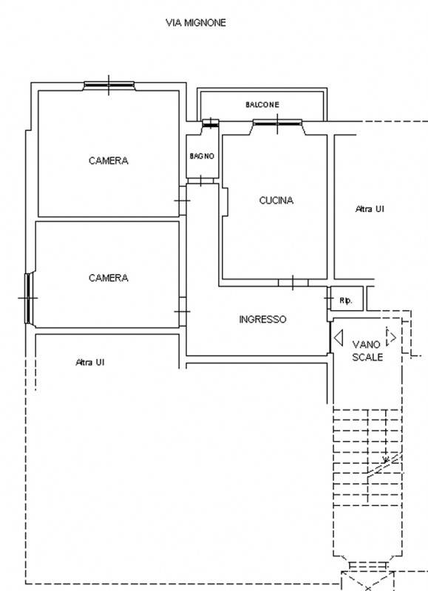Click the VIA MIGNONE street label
(x=196, y=23)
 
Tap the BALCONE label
(x=262, y=105)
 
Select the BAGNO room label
(x=202, y=156)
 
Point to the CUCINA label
(x=276, y=200)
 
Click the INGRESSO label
(x=262, y=320)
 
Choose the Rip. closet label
(x=346, y=301)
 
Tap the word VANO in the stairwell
(x=366, y=344)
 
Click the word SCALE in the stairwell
(x=367, y=357)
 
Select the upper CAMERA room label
(x=109, y=161)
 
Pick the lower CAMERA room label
(x=109, y=279)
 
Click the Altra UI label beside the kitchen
(x=370, y=209)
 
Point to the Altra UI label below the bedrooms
(x=89, y=362)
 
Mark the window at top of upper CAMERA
(x=109, y=86)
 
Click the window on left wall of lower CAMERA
(x=29, y=298)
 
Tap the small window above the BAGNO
(x=211, y=123)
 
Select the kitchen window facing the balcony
(x=277, y=123)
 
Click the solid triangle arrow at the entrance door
(x=339, y=338)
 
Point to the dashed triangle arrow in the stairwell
(x=391, y=337)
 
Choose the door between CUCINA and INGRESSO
(x=293, y=283)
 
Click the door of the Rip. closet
(x=328, y=298)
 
